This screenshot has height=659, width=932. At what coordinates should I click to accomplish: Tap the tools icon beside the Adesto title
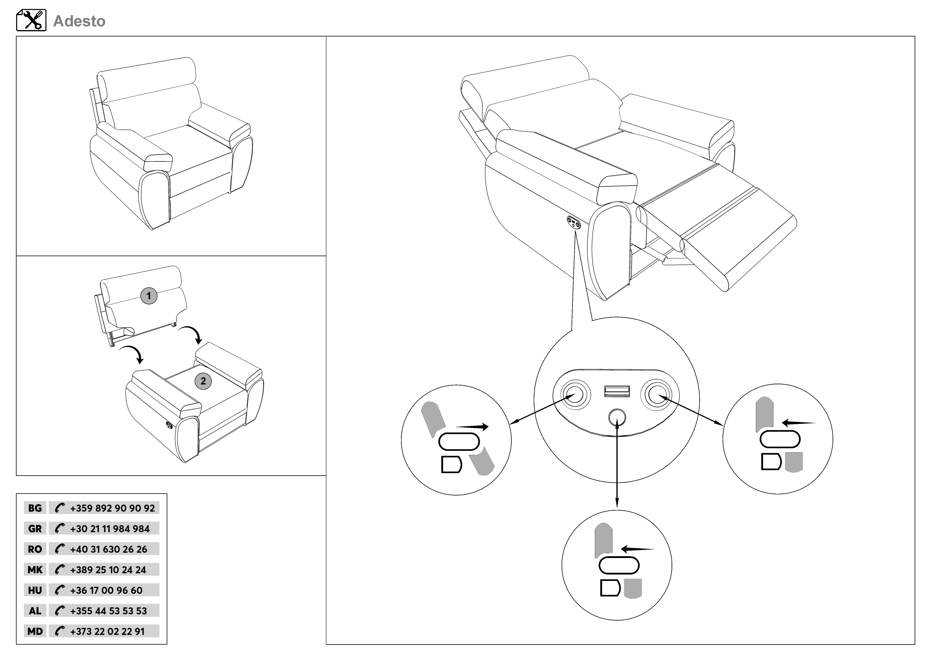click(31, 20)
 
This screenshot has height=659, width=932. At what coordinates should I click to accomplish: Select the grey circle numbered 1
click(149, 296)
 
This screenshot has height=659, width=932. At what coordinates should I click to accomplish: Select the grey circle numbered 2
click(203, 381)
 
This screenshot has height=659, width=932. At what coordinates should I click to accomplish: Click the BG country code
click(35, 508)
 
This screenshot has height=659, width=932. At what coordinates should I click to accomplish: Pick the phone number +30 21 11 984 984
click(110, 529)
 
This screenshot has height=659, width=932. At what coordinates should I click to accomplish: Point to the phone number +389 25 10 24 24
click(108, 570)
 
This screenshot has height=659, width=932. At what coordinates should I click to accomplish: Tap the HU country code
click(35, 590)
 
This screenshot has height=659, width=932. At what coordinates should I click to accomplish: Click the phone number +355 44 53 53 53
click(108, 611)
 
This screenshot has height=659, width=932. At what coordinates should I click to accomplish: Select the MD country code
click(35, 631)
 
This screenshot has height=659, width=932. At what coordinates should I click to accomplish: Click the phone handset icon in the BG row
click(60, 508)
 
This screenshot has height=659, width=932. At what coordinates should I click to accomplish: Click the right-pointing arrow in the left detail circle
click(473, 427)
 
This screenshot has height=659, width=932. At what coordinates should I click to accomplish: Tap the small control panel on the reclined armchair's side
click(574, 222)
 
